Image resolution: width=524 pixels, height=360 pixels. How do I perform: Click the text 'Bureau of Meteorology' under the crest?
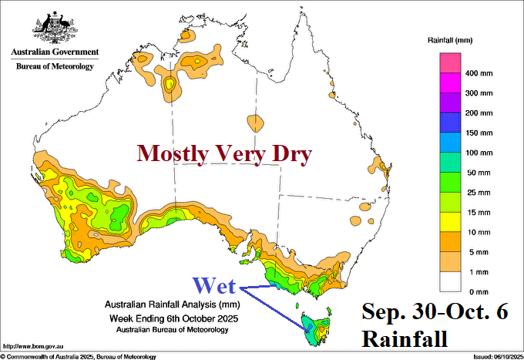[x=54, y=66]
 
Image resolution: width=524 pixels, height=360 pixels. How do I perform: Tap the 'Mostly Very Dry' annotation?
[x=223, y=154]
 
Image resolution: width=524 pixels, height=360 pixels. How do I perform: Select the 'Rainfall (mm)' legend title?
[x=450, y=38]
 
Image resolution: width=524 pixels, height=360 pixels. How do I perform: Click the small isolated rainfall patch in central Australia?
[x=255, y=123]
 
